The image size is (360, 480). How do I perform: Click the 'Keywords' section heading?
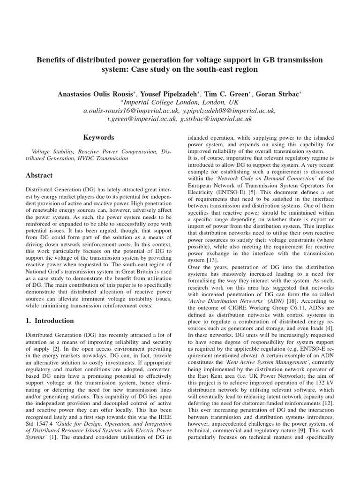pyautogui.click(x=98, y=137)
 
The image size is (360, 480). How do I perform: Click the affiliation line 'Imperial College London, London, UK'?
pyautogui.click(x=181, y=102)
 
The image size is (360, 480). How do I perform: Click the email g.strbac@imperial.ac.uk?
pyautogui.click(x=217, y=119)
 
